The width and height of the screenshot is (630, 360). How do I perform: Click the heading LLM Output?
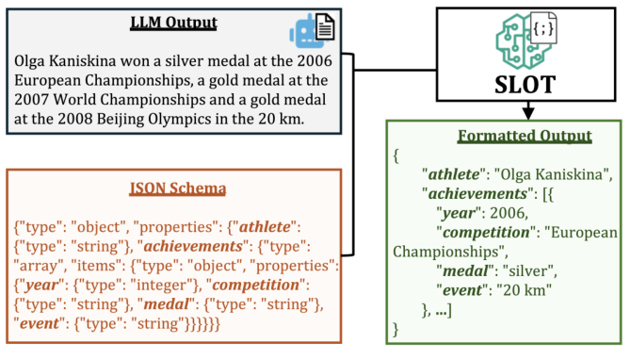click(x=175, y=23)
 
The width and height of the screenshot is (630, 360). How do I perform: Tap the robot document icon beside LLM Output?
click(x=317, y=32)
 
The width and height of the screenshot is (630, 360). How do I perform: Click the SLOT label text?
click(x=518, y=83)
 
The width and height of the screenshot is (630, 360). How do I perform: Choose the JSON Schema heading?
click(x=178, y=188)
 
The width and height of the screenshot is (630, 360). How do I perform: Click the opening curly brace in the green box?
click(x=398, y=155)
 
